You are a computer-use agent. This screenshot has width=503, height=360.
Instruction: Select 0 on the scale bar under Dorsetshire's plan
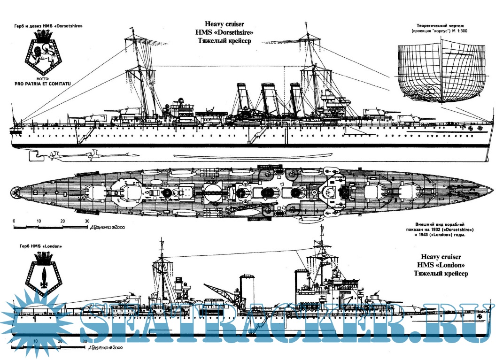click(x=14, y=220)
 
